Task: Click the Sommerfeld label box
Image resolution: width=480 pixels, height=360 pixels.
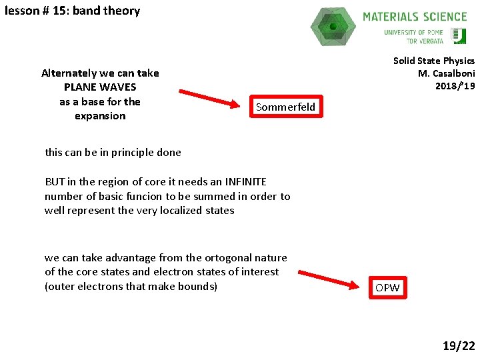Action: click(285, 107)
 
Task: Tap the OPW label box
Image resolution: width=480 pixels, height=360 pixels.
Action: click(387, 287)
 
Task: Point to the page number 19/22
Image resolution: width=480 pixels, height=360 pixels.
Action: click(459, 345)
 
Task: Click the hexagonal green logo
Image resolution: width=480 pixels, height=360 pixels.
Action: click(333, 27)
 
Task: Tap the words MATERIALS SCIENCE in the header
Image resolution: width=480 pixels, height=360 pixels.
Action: click(415, 17)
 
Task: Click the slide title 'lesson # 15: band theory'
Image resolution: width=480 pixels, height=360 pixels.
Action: click(72, 11)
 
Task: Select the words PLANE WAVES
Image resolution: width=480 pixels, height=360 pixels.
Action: click(100, 87)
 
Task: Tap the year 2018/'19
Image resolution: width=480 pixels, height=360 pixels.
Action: click(455, 86)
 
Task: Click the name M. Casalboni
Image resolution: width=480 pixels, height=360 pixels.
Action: click(446, 73)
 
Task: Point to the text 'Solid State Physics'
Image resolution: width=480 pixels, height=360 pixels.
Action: click(433, 61)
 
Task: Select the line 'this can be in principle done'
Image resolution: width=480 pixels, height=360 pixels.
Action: click(113, 152)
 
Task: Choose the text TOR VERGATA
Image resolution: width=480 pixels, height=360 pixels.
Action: click(425, 41)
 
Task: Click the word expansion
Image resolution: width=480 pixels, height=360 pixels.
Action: click(100, 116)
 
